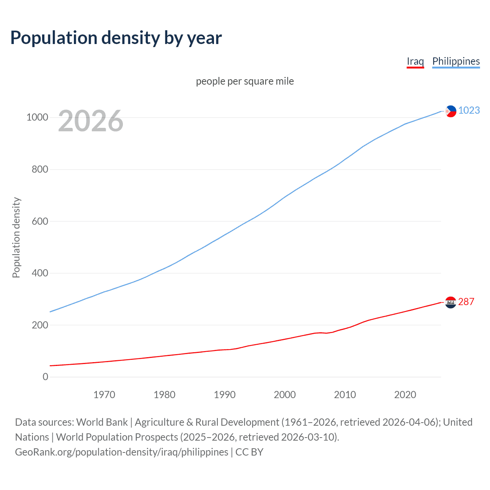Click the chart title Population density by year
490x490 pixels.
pyautogui.click(x=116, y=38)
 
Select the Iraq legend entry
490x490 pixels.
pyautogui.click(x=415, y=61)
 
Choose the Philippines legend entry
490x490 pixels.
pyautogui.click(x=456, y=61)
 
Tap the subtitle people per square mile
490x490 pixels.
pyautogui.click(x=245, y=81)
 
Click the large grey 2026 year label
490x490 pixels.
pyautogui.click(x=91, y=121)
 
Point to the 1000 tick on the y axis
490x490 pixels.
pyautogui.click(x=37, y=118)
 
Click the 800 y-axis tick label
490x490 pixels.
pyautogui.click(x=40, y=169)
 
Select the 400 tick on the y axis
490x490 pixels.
pyautogui.click(x=40, y=273)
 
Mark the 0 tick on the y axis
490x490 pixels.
pyautogui.click(x=46, y=377)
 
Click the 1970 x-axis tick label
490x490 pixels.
pyautogui.click(x=104, y=395)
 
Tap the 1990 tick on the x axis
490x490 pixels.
pyautogui.click(x=225, y=395)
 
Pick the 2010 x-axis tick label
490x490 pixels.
pyautogui.click(x=345, y=395)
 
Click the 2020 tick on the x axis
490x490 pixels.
pyautogui.click(x=405, y=395)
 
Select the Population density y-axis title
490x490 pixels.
pyautogui.click(x=16, y=237)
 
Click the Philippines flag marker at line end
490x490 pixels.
pyautogui.click(x=451, y=111)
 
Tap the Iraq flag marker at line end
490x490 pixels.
pyautogui.click(x=451, y=302)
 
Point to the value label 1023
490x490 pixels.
pyautogui.click(x=469, y=111)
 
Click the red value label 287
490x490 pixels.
pyautogui.click(x=466, y=302)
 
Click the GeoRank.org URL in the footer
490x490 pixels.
pyautogui.click(x=121, y=452)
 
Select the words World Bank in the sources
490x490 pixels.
pyautogui.click(x=102, y=422)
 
